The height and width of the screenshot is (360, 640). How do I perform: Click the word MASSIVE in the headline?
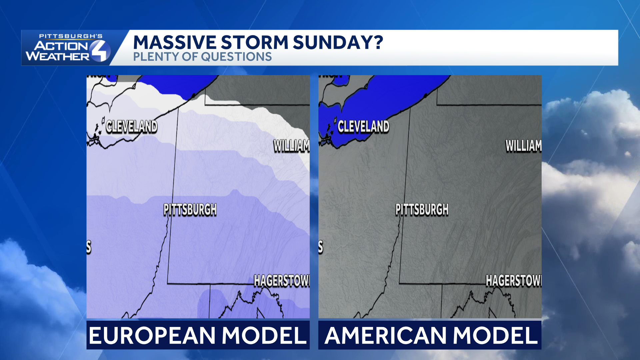coord(175,43)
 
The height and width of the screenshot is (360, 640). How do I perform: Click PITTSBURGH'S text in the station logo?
coord(71,36)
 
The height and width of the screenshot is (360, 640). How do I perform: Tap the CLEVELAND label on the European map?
coord(131,127)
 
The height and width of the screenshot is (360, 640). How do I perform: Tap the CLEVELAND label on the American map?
coord(363,127)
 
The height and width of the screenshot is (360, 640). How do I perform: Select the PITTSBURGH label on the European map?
coord(190,210)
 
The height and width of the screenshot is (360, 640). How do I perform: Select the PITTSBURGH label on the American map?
coord(422,210)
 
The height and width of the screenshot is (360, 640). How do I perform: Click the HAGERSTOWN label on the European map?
coord(282,281)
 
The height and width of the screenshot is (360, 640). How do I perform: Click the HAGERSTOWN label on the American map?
coord(514,281)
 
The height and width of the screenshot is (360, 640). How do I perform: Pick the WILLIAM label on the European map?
coord(291,146)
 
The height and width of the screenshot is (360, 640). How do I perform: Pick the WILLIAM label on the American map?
coord(523,146)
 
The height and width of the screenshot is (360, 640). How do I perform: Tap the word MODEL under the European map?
coord(264,335)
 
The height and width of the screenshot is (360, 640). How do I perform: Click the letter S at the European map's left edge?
coord(89,247)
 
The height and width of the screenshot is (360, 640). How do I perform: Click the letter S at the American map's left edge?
coord(321,247)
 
